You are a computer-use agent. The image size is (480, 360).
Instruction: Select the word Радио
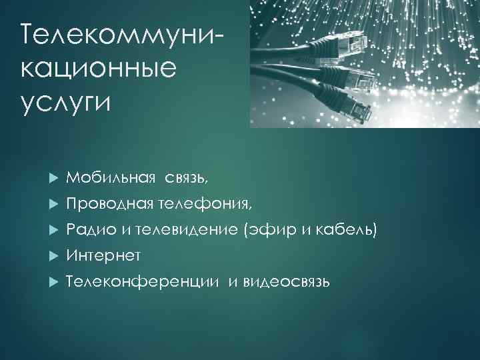tap(91, 230)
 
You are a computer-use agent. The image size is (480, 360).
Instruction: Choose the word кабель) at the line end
tap(349, 230)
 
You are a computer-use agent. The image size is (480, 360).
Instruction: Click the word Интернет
tap(104, 256)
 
